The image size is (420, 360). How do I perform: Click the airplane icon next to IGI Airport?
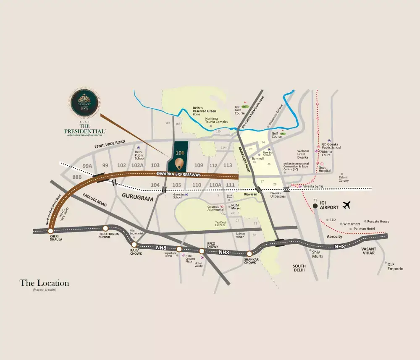pos(346,205)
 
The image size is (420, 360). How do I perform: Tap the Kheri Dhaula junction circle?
pos(51,231)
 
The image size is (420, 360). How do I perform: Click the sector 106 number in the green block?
pos(180,153)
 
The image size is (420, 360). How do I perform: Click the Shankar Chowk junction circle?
pos(249,253)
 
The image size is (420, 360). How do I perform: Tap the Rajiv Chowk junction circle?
pos(134,245)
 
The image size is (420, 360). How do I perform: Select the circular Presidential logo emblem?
pos(85,103)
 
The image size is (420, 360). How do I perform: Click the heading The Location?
pos(44,283)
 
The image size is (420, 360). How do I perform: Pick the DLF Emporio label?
pos(395,267)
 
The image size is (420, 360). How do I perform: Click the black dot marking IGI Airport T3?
pos(315,206)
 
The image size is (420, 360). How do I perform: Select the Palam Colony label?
pos(344,179)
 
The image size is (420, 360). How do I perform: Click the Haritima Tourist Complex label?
pos(217,120)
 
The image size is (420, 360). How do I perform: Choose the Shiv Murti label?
pos(317,253)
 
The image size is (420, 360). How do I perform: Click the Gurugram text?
pos(137,198)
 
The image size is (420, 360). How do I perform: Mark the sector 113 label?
pos(228,165)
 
